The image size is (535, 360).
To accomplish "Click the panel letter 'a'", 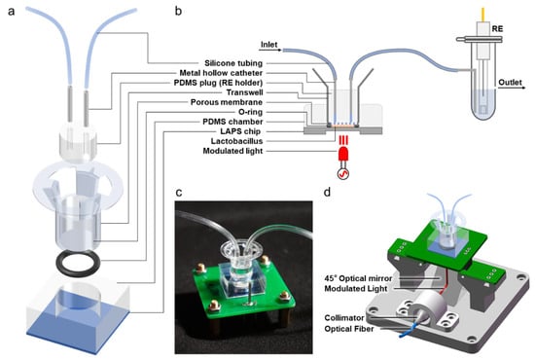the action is (12, 12).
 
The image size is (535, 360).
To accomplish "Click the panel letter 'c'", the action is (179, 193).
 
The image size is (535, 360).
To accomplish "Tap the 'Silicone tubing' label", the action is (233, 63).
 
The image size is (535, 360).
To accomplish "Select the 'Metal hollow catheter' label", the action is (221, 73).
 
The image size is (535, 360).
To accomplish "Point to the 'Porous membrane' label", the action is (227, 102).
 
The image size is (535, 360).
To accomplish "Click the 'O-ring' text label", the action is (250, 112).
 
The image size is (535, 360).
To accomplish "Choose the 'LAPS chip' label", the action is (240, 131).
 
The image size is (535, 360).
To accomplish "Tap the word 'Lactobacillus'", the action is (236, 141).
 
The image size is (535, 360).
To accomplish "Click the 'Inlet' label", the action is (269, 45).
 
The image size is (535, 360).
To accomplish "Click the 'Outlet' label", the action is (510, 83).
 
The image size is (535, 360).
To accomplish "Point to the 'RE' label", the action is (497, 28).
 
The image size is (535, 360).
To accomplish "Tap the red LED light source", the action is (343, 155).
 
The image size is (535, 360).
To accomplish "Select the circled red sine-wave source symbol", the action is (343, 174).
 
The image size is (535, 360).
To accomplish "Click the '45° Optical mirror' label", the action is (358, 278).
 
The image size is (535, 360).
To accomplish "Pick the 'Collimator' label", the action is (344, 318).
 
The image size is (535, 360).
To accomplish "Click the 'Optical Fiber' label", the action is (348, 329).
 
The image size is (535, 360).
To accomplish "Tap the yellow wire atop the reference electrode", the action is (482, 14).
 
